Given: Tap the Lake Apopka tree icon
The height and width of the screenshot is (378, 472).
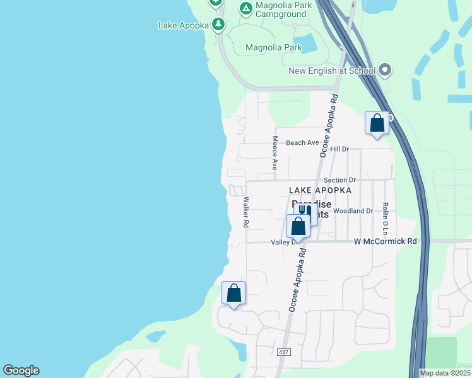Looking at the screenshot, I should [218, 25].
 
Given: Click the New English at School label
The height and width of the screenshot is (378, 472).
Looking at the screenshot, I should [332, 71].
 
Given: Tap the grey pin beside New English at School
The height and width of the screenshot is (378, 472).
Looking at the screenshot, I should [385, 71].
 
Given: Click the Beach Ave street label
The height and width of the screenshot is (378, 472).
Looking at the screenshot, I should [302, 142].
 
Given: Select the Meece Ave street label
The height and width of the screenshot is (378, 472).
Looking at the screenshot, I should [275, 152].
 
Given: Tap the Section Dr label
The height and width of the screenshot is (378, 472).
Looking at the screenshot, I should [339, 180].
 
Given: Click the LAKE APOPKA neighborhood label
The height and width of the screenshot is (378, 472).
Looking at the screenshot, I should [320, 190].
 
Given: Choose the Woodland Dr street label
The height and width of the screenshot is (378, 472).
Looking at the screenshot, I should [353, 210].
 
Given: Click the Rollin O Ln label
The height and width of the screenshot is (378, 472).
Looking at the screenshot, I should [384, 219].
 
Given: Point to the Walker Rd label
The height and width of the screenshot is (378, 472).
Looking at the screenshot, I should [246, 213].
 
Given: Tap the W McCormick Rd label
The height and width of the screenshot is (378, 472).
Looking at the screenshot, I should [386, 241].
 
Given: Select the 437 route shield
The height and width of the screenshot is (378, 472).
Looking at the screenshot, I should [283, 352].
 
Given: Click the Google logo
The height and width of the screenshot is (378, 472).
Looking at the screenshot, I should [21, 370].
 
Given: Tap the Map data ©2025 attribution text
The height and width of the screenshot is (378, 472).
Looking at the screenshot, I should [444, 373].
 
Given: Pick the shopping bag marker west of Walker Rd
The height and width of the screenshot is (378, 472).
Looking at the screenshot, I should [233, 293].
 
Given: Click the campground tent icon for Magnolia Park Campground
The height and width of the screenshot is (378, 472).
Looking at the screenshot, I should [245, 9].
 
